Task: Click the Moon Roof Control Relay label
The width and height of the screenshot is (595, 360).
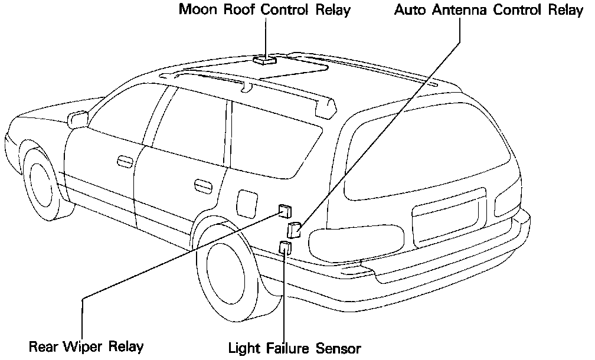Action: [264, 10]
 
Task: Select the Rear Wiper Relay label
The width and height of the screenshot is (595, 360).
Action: [86, 346]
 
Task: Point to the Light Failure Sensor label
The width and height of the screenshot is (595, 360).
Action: [294, 348]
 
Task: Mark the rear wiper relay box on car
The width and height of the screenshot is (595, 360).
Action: [285, 210]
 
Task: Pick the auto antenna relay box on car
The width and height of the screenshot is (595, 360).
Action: [293, 229]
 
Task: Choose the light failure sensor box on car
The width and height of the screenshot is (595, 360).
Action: [286, 248]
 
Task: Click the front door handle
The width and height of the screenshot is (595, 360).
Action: [125, 161]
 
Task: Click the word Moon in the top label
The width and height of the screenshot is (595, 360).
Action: [198, 10]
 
